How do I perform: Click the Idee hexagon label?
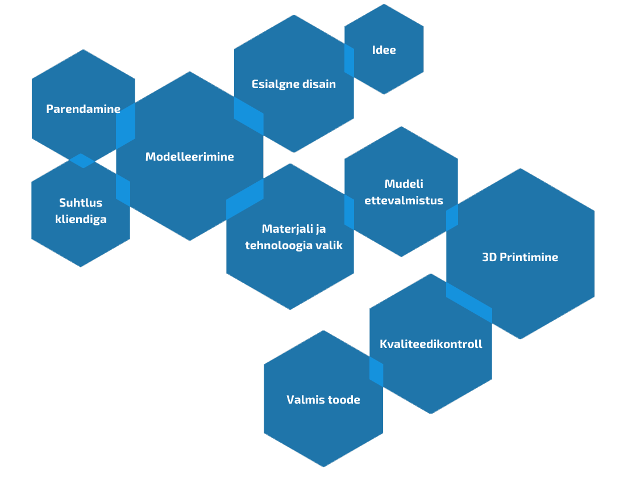[x=384, y=50]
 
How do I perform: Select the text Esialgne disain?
[x=294, y=84]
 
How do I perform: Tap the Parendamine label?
[x=83, y=109]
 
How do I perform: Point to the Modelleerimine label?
[x=189, y=157]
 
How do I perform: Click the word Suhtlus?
[x=81, y=203]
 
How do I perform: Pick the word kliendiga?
[x=81, y=219]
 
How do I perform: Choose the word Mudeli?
[x=404, y=184]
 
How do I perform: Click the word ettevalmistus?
[x=404, y=200]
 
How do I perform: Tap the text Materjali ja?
[x=294, y=229]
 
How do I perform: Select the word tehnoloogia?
[x=280, y=246]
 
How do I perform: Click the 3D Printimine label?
[x=520, y=257]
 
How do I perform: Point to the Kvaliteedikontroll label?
[x=431, y=344]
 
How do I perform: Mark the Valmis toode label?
[x=323, y=400]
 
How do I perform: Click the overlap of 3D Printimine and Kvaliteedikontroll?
[x=469, y=299]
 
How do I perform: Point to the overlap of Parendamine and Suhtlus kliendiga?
[x=83, y=160]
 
